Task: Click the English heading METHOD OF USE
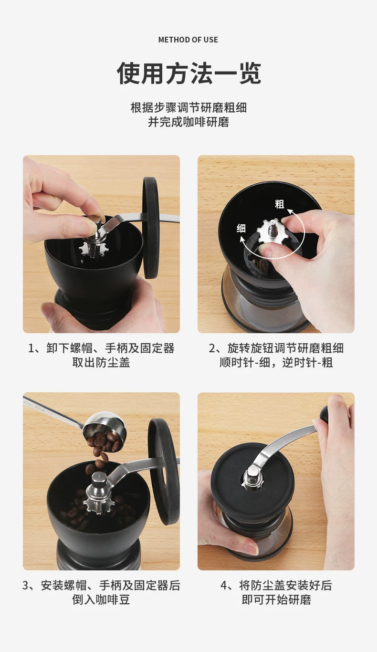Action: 188,40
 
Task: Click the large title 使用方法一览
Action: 188,73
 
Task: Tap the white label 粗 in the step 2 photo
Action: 280,204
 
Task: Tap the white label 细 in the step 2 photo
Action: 241,228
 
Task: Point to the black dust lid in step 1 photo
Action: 150,227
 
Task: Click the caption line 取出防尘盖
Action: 101,363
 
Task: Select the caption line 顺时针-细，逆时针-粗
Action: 276,363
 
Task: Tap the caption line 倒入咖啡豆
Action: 101,599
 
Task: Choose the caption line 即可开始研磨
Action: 276,599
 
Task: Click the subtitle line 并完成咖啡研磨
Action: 188,122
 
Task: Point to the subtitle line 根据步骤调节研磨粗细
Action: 188,108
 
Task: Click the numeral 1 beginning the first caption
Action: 31,348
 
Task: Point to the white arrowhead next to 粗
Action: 290,210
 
